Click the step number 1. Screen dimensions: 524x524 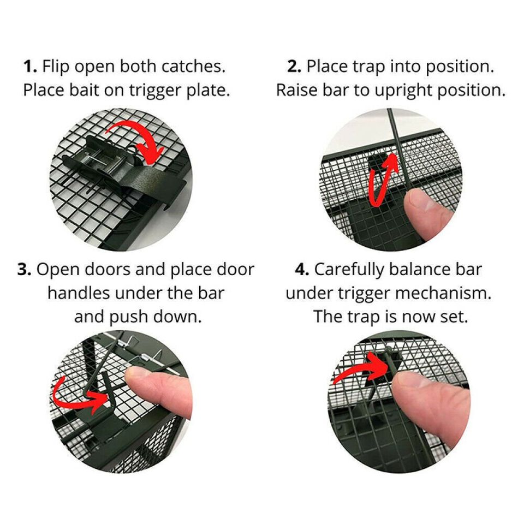(x=29, y=66)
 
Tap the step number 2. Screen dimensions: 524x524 (x=294, y=66)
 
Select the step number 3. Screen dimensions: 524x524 (x=25, y=269)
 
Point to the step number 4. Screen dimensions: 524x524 (x=302, y=269)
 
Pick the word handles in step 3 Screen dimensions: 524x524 (x=79, y=293)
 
